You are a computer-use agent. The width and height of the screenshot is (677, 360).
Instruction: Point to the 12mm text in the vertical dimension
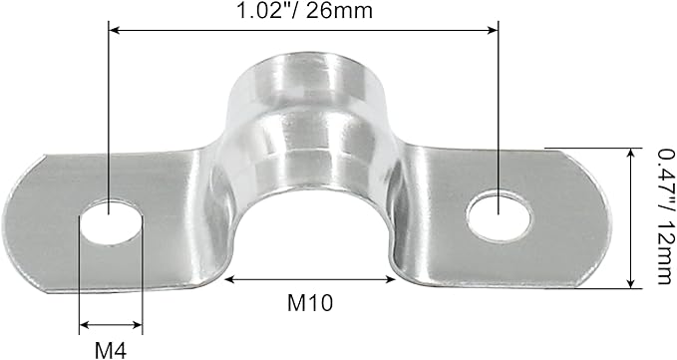coord(661,250)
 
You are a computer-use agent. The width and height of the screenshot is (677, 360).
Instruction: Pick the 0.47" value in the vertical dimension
coord(661,176)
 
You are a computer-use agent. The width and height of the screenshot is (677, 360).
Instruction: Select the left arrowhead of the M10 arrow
coord(229,279)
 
